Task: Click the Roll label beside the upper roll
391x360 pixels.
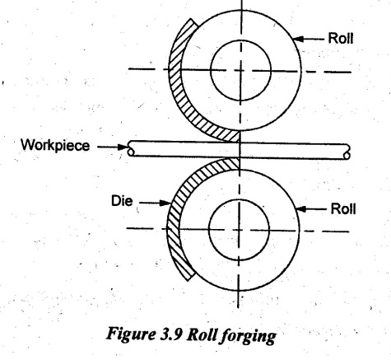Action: tap(341, 38)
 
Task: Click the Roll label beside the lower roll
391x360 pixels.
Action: tap(343, 209)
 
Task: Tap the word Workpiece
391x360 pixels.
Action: tap(55, 145)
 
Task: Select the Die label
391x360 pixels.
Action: tap(122, 201)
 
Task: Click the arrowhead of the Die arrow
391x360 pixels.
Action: tap(165, 203)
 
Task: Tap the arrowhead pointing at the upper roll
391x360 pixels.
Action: tap(299, 39)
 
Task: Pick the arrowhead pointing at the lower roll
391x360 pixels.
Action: tap(302, 209)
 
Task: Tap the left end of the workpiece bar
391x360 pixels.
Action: tap(128, 148)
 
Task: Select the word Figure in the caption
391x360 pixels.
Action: tap(131, 335)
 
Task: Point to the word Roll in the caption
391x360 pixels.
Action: tap(202, 334)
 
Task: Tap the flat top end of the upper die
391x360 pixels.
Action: tap(194, 24)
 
